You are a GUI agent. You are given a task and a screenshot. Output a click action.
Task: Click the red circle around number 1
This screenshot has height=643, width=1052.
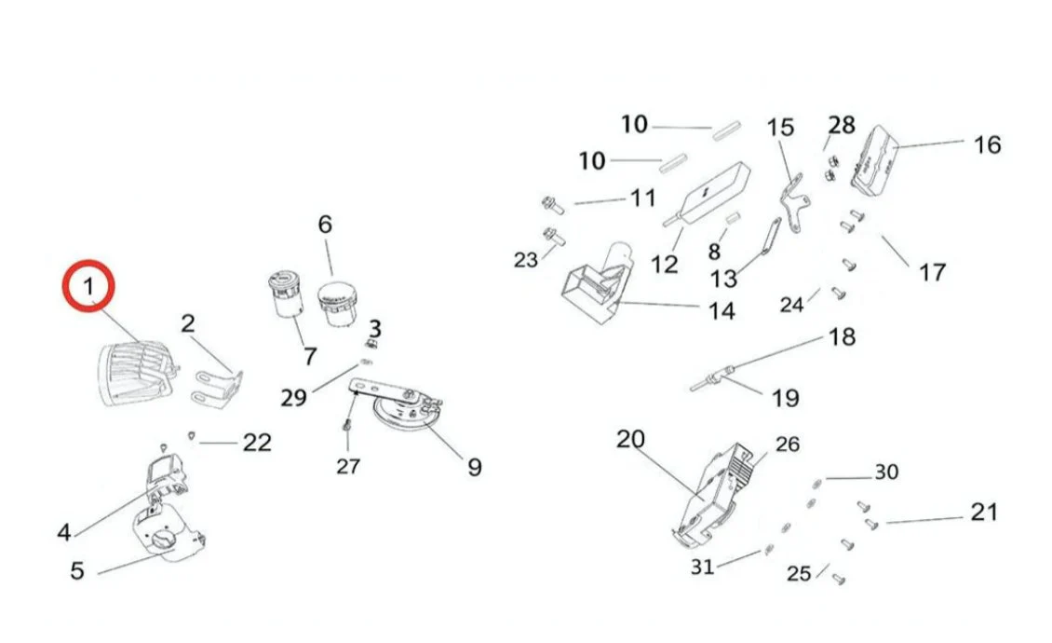[x=88, y=286]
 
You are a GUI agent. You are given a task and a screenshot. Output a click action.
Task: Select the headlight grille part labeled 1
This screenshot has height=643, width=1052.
[x=136, y=375]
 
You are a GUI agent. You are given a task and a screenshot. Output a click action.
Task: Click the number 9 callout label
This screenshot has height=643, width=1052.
[x=474, y=466]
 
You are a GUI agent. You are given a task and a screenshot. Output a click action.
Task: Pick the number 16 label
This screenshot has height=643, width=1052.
[x=987, y=144]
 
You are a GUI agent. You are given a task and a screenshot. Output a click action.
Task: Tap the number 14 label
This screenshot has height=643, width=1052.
[x=721, y=310]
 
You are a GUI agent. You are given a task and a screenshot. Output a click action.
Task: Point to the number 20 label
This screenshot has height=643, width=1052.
[x=630, y=438]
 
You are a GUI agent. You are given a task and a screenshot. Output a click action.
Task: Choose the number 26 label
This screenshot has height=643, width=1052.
[x=787, y=445]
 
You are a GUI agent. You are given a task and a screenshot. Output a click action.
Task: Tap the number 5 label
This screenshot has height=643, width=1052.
[x=77, y=569]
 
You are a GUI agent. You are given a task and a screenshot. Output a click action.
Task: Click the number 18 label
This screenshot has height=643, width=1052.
[x=841, y=336]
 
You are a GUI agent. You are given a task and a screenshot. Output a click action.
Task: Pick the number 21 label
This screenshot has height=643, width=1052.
[x=983, y=512]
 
